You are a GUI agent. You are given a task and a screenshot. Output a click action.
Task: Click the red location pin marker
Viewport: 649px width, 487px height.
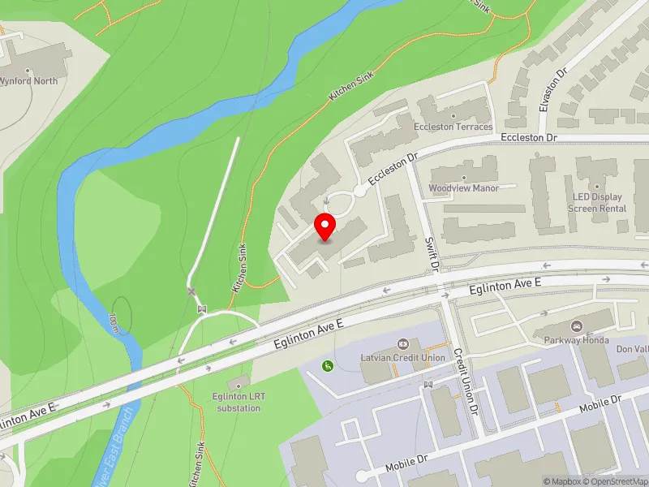325,226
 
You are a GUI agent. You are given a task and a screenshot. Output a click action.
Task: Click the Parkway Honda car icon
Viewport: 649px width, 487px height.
578,326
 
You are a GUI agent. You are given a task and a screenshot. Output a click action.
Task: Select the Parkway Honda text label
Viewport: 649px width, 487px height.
578,340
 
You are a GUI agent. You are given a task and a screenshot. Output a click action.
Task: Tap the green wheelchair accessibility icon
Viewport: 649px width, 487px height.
328,366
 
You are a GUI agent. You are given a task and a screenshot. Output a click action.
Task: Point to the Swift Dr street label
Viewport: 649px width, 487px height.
433,254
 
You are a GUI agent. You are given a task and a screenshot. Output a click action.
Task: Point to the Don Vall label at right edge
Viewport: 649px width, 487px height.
632,348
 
